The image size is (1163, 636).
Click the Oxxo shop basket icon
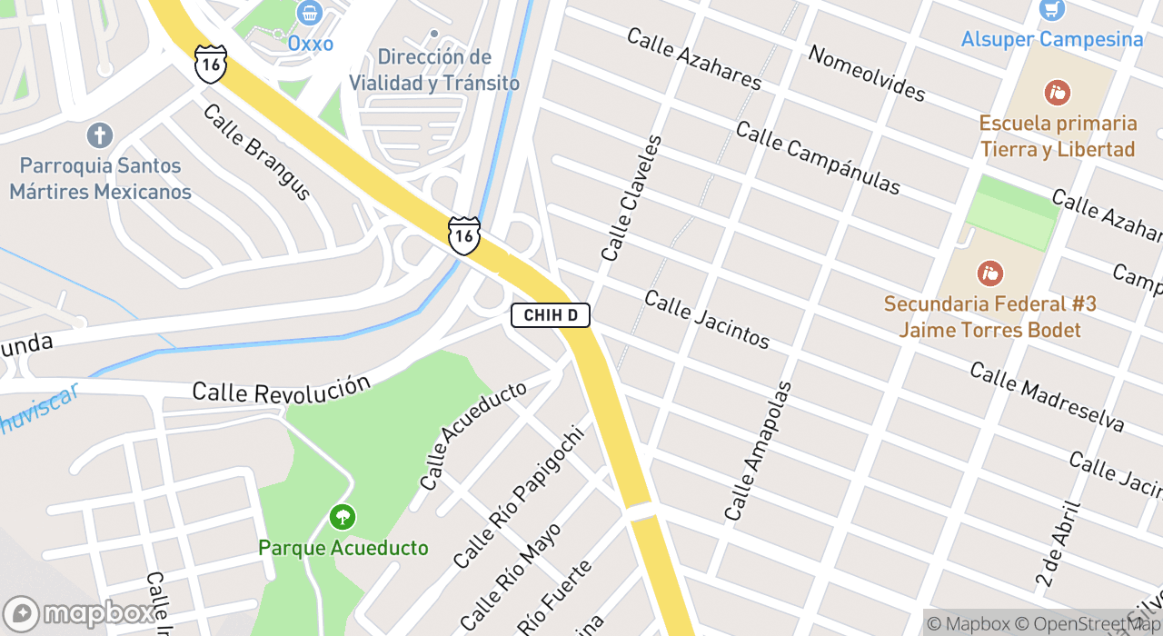click(x=310, y=13)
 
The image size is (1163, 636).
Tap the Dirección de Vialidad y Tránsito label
click(x=434, y=70)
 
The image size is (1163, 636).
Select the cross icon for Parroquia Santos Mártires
click(x=100, y=136)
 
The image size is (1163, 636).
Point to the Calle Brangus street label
click(x=257, y=152)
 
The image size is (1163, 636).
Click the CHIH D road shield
click(x=551, y=315)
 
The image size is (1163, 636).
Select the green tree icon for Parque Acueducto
click(x=343, y=518)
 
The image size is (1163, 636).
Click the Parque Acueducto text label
click(x=343, y=548)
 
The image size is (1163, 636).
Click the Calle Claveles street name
click(x=631, y=198)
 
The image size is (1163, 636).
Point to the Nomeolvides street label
click(x=866, y=73)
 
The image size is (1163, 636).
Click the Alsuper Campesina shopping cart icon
click(x=1052, y=10)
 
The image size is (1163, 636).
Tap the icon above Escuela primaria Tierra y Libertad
click(x=1057, y=93)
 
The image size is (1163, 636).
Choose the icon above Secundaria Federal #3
click(x=989, y=273)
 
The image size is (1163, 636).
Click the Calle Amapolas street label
click(x=758, y=451)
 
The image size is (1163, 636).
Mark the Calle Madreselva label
click(x=1047, y=397)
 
